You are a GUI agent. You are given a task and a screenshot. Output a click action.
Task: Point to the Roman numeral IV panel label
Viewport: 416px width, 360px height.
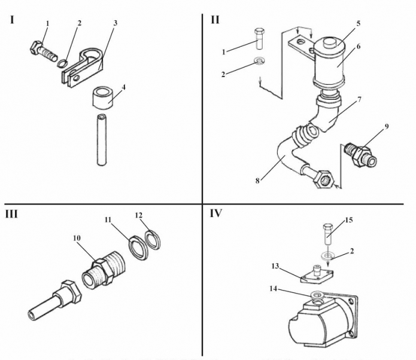pyautogui.click(x=216, y=213)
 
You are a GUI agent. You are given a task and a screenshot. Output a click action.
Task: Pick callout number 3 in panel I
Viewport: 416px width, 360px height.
pyautogui.click(x=115, y=23)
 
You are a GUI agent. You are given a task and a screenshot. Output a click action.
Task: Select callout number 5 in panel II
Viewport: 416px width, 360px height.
pyautogui.click(x=358, y=23)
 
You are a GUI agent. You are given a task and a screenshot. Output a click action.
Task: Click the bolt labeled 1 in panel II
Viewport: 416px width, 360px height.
pyautogui.click(x=260, y=39)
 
